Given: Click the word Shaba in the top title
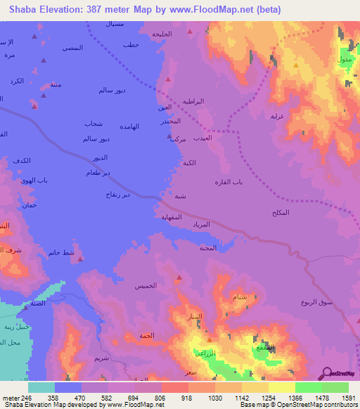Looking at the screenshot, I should [23, 9].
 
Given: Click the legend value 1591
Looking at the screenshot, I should [348, 398].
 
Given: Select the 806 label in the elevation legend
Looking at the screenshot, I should [161, 398].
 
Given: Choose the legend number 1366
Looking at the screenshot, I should [295, 398].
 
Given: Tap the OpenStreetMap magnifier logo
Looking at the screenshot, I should [327, 373].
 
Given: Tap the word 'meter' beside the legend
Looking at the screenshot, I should [9, 398].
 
